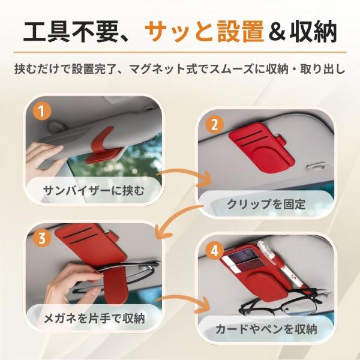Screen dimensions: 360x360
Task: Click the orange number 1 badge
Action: (x=41, y=112)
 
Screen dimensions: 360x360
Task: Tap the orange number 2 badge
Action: (x=214, y=125)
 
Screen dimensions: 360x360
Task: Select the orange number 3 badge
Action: (x=41, y=238)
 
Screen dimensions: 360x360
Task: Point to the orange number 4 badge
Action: (x=214, y=251)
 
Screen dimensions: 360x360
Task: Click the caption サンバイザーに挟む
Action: (x=94, y=191)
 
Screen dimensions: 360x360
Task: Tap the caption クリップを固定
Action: (x=266, y=203)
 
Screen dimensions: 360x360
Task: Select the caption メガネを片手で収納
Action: (x=94, y=318)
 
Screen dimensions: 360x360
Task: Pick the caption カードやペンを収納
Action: (x=266, y=329)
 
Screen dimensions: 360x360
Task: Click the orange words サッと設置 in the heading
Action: (x=204, y=31)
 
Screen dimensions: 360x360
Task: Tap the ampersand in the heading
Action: (x=277, y=32)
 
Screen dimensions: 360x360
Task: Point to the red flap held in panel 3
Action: (x=115, y=284)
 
